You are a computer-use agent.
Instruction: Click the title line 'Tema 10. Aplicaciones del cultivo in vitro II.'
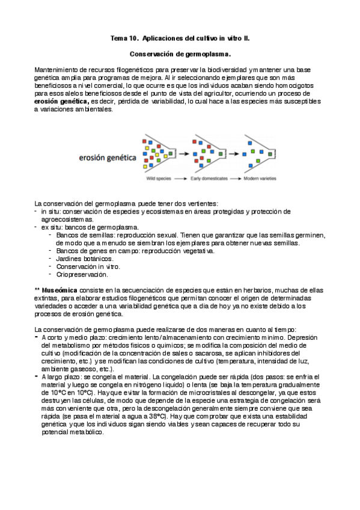click(180, 38)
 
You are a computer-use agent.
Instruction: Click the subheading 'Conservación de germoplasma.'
click(180, 55)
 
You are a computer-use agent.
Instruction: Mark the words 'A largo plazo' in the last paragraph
click(63, 377)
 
